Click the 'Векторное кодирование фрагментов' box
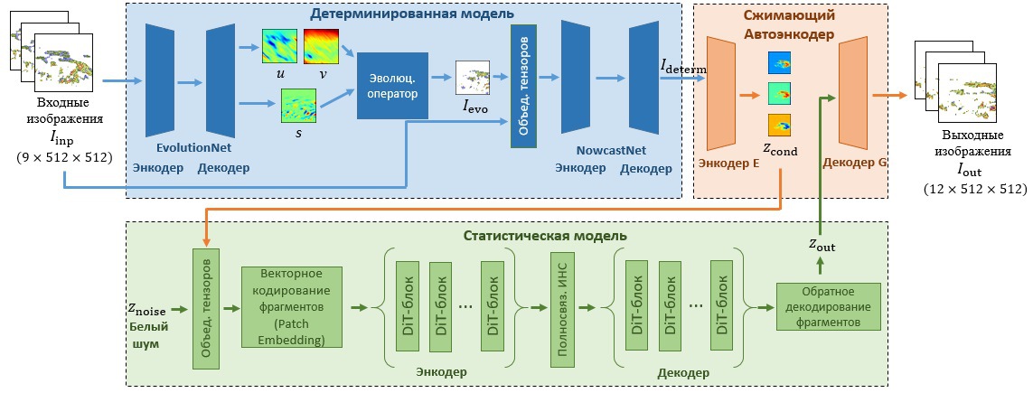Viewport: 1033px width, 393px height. coord(293,306)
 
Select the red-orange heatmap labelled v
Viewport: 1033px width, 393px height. coord(320,46)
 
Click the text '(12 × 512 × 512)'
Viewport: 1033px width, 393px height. coord(975,189)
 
